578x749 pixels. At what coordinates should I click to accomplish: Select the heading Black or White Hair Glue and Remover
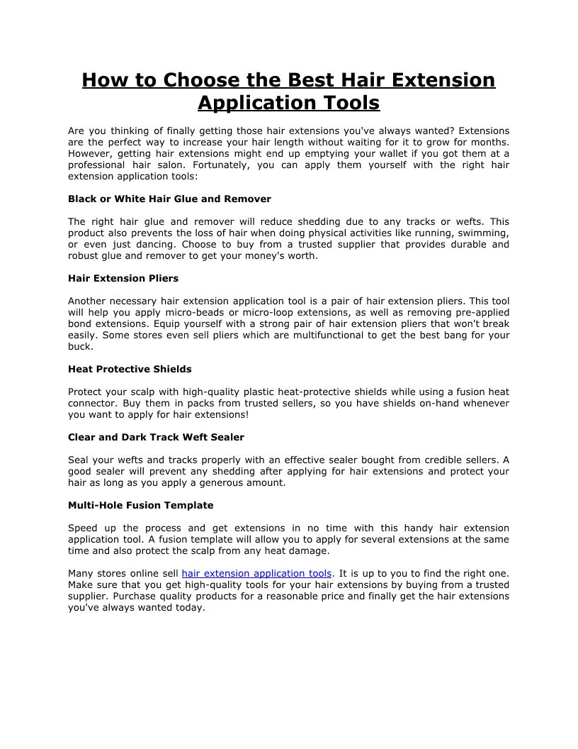(169, 199)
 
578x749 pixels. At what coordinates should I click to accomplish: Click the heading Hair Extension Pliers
(123, 278)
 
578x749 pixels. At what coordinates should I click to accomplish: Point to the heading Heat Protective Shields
(130, 370)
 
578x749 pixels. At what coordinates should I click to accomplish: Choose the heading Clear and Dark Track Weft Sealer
(156, 437)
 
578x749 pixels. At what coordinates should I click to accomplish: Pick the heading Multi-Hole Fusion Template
(140, 506)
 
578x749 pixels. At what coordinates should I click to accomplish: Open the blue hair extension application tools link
(256, 574)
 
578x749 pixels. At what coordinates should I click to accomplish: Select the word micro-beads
(203, 313)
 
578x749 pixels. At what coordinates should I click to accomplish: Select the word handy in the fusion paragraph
(413, 528)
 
